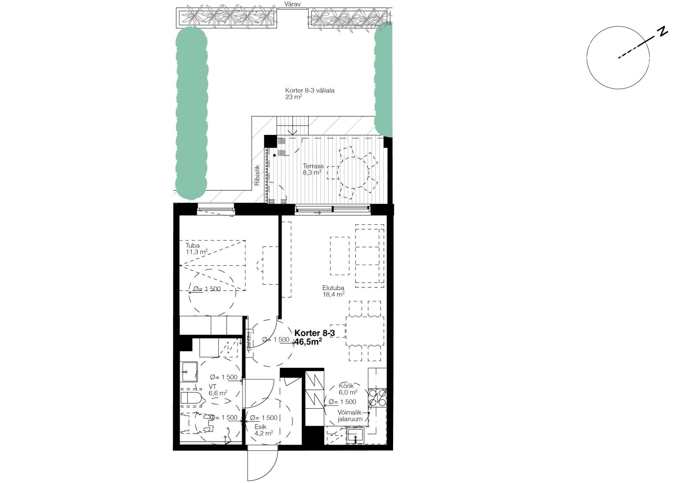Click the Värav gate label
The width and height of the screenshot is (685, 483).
pyautogui.click(x=293, y=4)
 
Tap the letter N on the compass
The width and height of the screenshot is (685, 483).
pyautogui.click(x=662, y=31)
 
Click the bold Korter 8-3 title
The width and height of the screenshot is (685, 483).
pyautogui.click(x=314, y=333)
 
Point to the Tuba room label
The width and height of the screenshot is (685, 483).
pyautogui.click(x=193, y=245)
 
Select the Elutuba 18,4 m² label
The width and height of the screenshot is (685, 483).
pyautogui.click(x=333, y=291)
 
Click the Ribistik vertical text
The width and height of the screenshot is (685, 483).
pyautogui.click(x=257, y=175)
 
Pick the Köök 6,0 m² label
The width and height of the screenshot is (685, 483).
pyautogui.click(x=348, y=389)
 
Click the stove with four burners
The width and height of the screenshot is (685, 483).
pyautogui.click(x=377, y=398)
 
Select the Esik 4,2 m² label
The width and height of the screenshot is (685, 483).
pyautogui.click(x=263, y=430)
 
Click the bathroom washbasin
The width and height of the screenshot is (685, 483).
pyautogui.click(x=189, y=371)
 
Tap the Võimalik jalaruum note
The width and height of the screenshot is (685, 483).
pyautogui.click(x=350, y=416)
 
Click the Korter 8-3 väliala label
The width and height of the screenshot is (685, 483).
pyautogui.click(x=310, y=94)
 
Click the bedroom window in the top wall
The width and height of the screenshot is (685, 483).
pyautogui.click(x=216, y=209)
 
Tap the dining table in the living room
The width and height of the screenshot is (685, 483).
pyautogui.click(x=365, y=331)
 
